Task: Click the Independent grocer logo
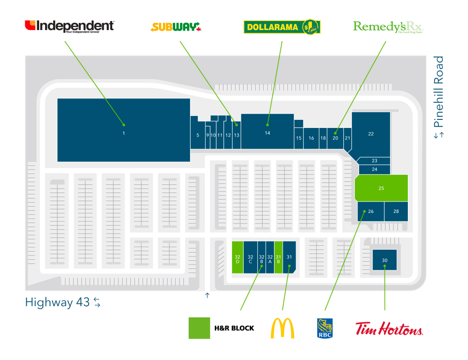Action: [x=69, y=26]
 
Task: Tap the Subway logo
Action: [x=176, y=27]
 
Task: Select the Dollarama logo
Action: [x=282, y=27]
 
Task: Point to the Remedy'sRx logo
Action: [x=388, y=26]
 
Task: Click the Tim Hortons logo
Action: [x=389, y=328]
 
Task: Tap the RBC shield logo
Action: [x=325, y=328]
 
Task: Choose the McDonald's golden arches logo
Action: [x=283, y=328]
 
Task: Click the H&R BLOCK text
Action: [x=234, y=328]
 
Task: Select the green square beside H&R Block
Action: [x=199, y=328]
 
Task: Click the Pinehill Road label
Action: [x=438, y=97]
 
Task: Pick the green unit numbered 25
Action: [x=381, y=188]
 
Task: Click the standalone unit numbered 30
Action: [x=384, y=260]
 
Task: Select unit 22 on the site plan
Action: [x=371, y=134]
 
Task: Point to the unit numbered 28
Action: [x=396, y=211]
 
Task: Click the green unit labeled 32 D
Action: [x=237, y=258]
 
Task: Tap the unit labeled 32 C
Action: [x=250, y=258]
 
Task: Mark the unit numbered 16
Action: [x=311, y=138]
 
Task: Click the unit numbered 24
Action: [x=374, y=169]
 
